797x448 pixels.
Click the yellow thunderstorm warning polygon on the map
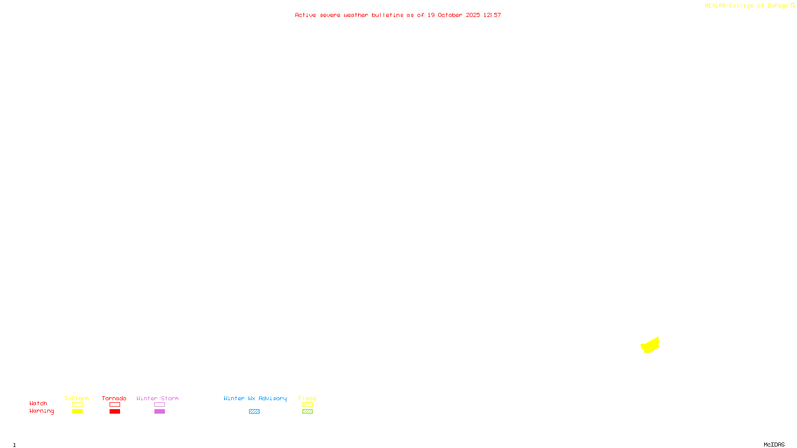tap(650, 345)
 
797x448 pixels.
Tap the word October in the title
tap(450, 15)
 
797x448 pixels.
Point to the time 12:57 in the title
tap(492, 15)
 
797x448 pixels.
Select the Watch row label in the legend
tap(38, 403)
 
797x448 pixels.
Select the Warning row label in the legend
tap(41, 411)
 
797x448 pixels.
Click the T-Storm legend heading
tap(77, 398)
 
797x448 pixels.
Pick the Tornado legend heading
tap(114, 398)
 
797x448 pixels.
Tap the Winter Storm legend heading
tap(157, 398)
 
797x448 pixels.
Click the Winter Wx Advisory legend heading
tap(255, 398)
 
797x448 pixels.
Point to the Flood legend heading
tap(307, 398)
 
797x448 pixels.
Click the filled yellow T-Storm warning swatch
tap(77, 412)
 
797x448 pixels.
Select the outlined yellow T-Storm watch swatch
tap(77, 405)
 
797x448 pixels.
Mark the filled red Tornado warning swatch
tap(115, 412)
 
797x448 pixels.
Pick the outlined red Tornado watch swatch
tap(115, 405)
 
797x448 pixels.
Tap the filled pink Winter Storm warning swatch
tap(159, 412)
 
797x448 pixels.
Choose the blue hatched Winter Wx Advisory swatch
tap(254, 412)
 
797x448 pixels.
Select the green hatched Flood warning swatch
tap(307, 412)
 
